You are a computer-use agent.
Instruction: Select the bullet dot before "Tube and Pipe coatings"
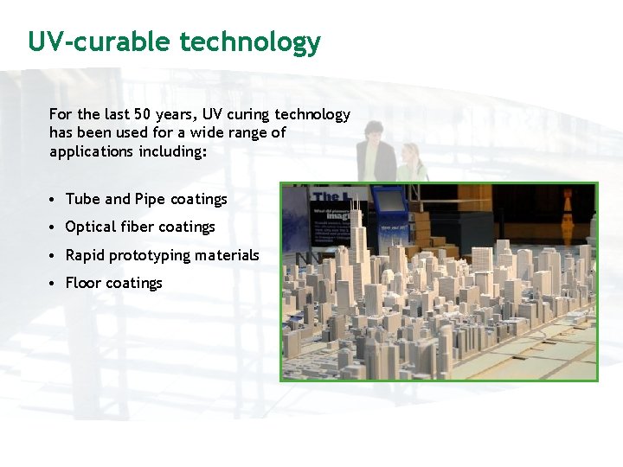click(54, 200)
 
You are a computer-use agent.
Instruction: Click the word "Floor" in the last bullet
click(83, 283)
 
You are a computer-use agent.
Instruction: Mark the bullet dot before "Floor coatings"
click(54, 284)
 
